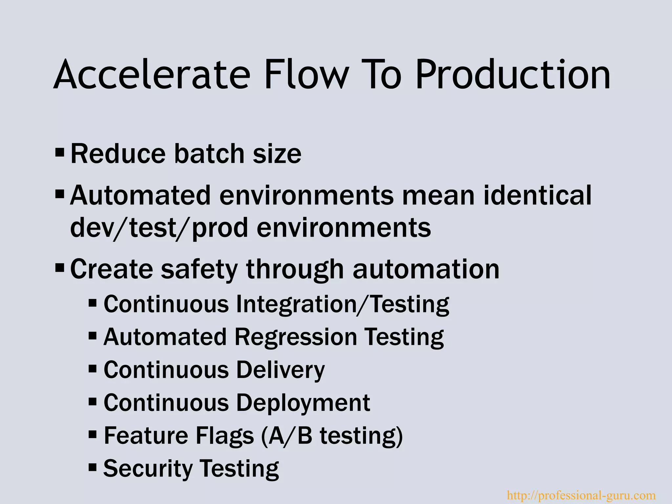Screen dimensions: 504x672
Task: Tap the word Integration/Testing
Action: coord(342,304)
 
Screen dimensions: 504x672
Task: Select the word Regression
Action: coord(296,337)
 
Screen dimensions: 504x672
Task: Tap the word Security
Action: coord(148,469)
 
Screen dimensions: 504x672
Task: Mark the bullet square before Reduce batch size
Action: coord(60,152)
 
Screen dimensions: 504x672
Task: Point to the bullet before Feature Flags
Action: coord(93,435)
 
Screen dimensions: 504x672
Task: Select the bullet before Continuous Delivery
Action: coord(93,369)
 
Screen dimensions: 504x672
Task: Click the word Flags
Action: coord(225,436)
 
